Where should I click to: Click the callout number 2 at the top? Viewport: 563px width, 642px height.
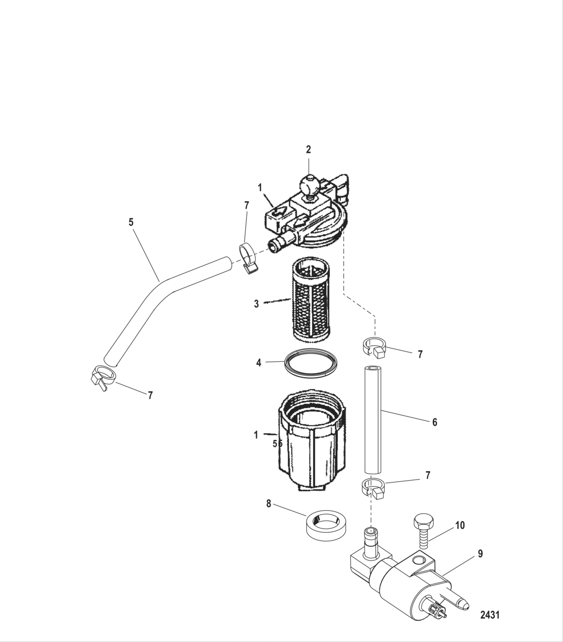click(x=309, y=149)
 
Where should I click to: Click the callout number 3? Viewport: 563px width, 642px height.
click(x=256, y=304)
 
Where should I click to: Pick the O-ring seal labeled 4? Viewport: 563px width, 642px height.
click(x=310, y=362)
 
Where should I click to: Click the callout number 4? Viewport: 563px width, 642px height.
click(x=259, y=362)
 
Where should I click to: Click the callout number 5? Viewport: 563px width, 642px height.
click(x=131, y=222)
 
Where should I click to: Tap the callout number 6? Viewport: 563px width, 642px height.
click(x=435, y=422)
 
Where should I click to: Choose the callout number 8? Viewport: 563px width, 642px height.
click(x=269, y=503)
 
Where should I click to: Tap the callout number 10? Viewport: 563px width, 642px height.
click(x=460, y=525)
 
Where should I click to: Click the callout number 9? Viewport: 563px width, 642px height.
click(x=480, y=554)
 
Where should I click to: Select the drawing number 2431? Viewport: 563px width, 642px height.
click(x=490, y=614)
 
